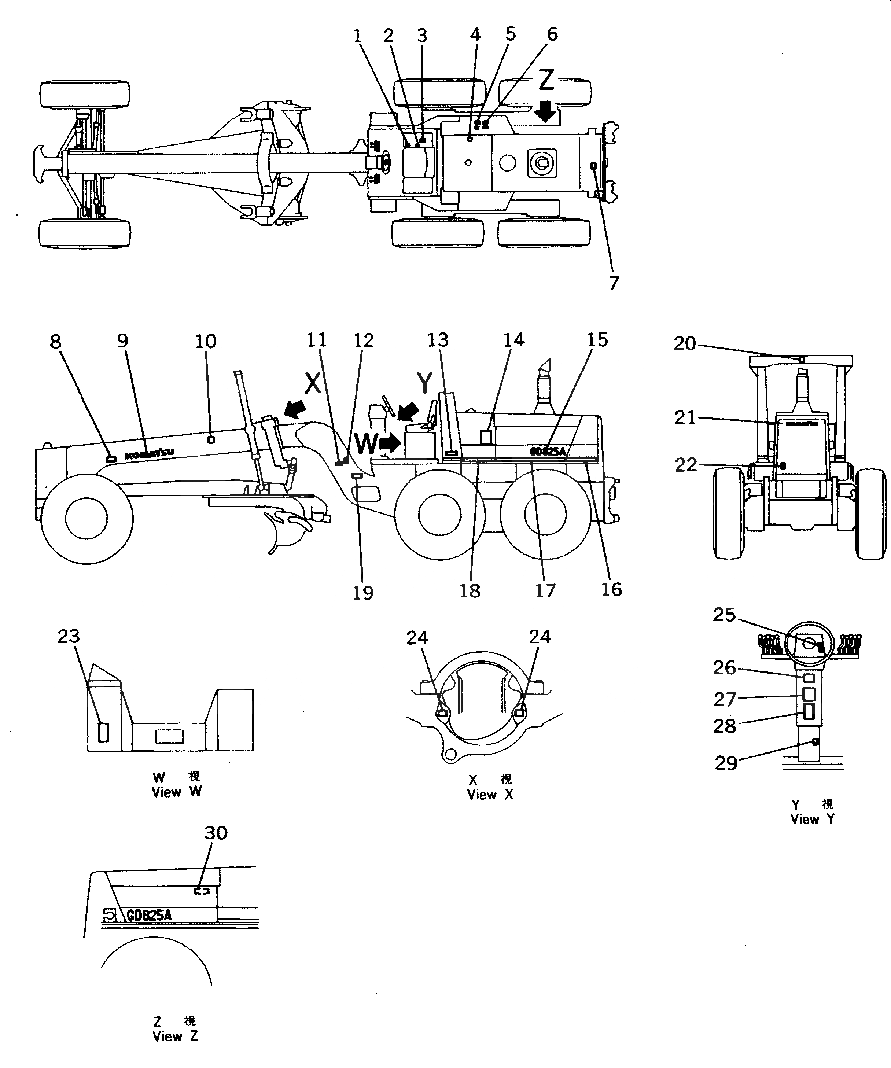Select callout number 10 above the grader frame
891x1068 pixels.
pyautogui.click(x=206, y=341)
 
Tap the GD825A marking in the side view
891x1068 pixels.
pyautogui.click(x=547, y=451)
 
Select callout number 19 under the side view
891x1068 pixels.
pyautogui.click(x=363, y=593)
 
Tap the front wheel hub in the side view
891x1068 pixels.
pyautogui.click(x=86, y=518)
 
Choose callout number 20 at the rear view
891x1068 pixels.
pyautogui.click(x=685, y=344)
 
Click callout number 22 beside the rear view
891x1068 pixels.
pyautogui.click(x=685, y=465)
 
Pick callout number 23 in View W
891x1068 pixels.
pyautogui.click(x=69, y=636)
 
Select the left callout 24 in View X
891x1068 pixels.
pyautogui.click(x=417, y=638)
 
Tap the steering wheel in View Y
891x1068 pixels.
pyautogui.click(x=809, y=645)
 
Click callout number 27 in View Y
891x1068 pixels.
pyautogui.click(x=725, y=700)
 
